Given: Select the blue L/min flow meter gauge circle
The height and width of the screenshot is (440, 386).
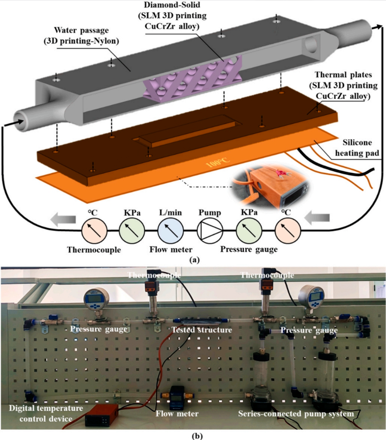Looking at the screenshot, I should click(171, 230).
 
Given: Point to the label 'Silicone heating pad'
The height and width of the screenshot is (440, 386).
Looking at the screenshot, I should click(357, 148).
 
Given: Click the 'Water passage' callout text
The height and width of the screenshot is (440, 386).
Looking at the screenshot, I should click(82, 35).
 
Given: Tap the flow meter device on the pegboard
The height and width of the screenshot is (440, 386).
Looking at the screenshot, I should click(176, 397).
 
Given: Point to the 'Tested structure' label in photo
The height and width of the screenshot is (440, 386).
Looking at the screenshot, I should click(201, 330).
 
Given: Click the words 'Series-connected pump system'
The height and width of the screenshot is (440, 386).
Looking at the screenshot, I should click(296, 414).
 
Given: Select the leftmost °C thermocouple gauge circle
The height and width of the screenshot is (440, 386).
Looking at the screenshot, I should click(94, 230).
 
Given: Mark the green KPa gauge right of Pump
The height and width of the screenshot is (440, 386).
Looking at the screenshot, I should click(249, 230).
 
